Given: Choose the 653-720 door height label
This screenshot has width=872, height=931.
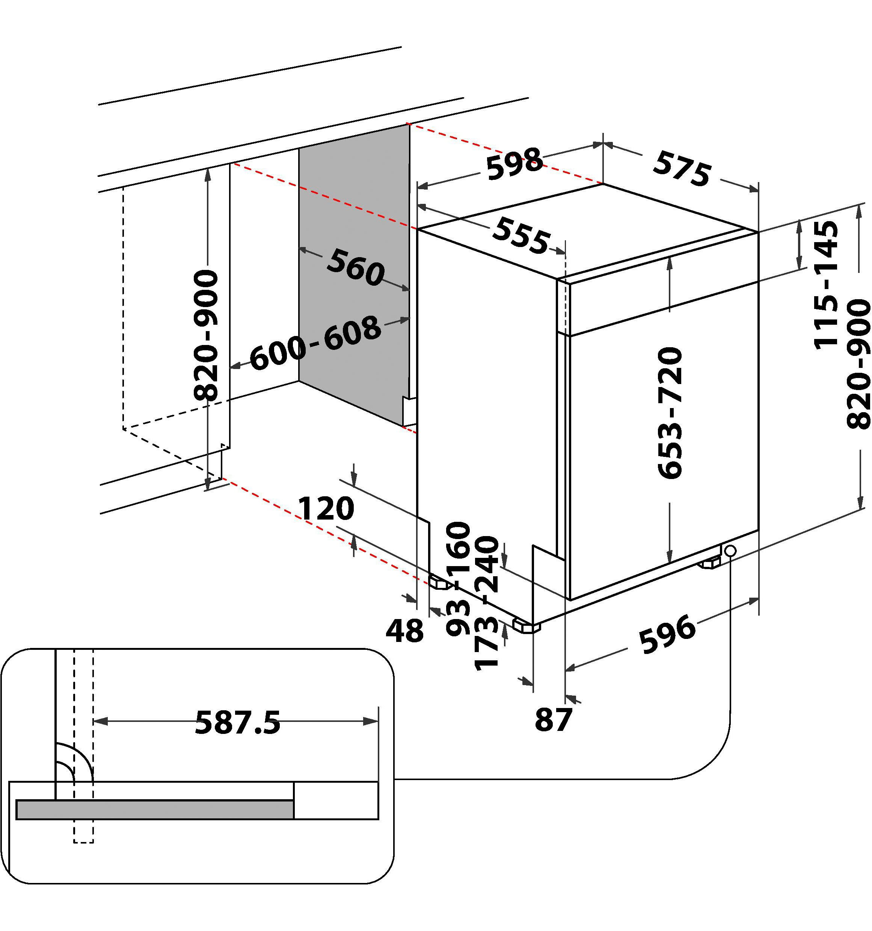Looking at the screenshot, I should [670, 413].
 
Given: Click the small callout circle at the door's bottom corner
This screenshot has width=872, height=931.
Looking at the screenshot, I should [730, 551].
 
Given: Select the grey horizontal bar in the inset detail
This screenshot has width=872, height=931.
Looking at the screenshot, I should [155, 809].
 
